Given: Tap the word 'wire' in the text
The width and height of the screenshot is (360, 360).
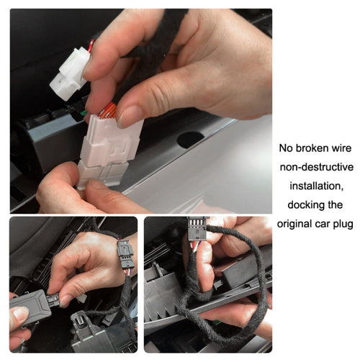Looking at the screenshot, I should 339,148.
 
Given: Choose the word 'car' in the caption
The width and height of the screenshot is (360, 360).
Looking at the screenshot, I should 323,223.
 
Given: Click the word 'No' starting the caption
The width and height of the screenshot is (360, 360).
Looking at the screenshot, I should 286,148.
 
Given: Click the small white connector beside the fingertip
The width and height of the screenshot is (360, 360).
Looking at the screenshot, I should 69,73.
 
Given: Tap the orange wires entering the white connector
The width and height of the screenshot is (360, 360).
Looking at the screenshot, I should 108,111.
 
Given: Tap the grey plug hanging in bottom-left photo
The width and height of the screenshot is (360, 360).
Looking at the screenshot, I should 125,256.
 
